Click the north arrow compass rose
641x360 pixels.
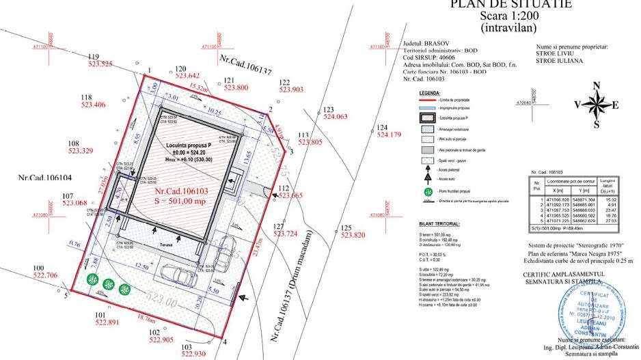point(597,105)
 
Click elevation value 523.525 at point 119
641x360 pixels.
point(100,64)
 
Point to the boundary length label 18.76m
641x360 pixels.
point(146,318)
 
